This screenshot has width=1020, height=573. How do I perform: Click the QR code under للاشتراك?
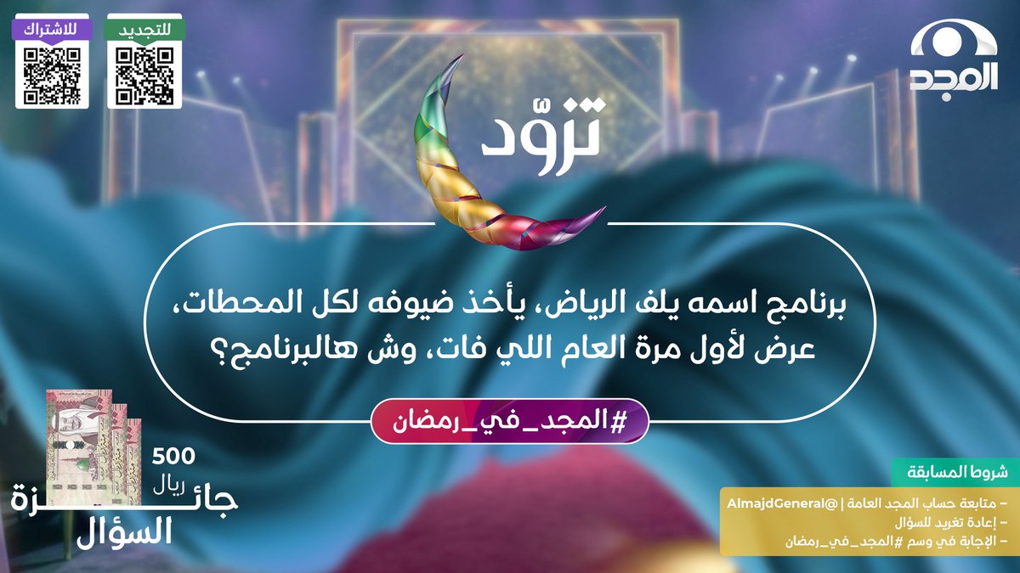point(52,76)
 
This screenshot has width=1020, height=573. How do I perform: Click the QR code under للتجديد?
point(144,76)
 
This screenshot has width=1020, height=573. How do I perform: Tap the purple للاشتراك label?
point(52,28)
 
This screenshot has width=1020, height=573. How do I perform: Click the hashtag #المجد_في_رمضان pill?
point(510,420)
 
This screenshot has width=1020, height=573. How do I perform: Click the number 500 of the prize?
point(173,456)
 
